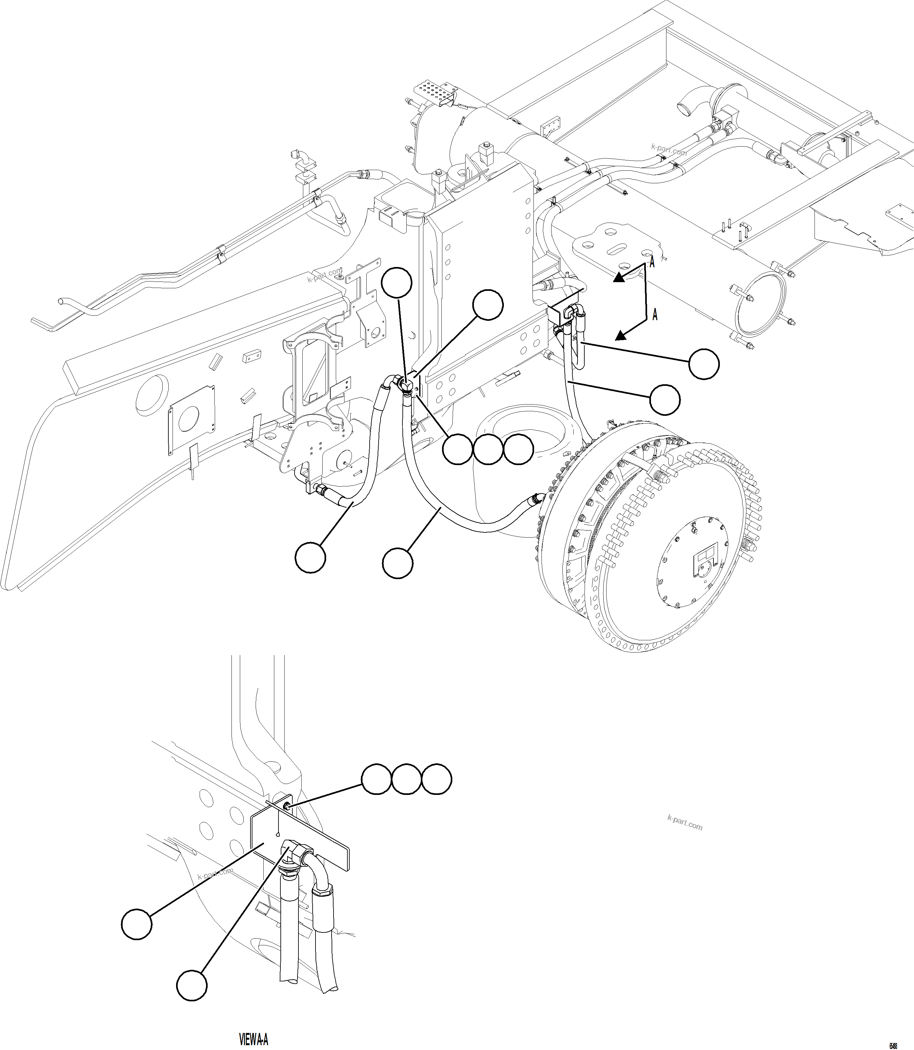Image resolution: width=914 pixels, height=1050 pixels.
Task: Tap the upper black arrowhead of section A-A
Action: coord(619,277)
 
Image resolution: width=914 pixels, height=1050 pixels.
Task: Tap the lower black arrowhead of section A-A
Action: coord(620,335)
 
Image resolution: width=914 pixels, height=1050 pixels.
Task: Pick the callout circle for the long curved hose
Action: coord(397,563)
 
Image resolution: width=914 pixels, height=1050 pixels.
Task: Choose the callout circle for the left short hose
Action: coord(310,557)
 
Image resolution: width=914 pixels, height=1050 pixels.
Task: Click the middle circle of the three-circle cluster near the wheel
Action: coord(488,450)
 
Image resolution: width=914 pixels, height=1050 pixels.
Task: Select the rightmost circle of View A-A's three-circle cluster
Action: coord(437,793)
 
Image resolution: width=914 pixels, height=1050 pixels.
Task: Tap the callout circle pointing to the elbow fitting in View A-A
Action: coord(192,985)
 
